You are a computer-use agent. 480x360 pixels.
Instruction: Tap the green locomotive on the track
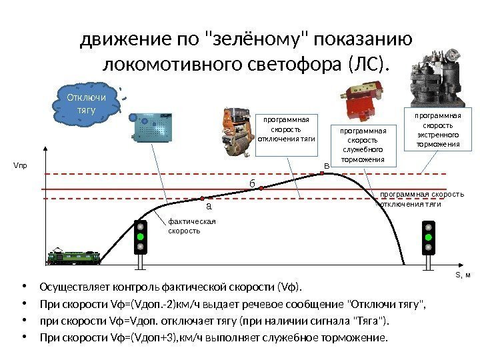(73, 256)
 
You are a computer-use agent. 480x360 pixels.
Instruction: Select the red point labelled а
(203, 198)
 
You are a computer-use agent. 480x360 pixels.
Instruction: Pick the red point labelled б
(261, 189)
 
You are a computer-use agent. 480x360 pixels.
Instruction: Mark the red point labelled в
(323, 173)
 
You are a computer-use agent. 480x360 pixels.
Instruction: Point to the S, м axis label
(462, 275)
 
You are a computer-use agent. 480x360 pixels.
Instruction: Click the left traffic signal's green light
(141, 237)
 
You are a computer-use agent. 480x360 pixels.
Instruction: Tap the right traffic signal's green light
(429, 238)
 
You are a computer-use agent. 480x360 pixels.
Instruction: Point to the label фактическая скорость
(183, 226)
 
